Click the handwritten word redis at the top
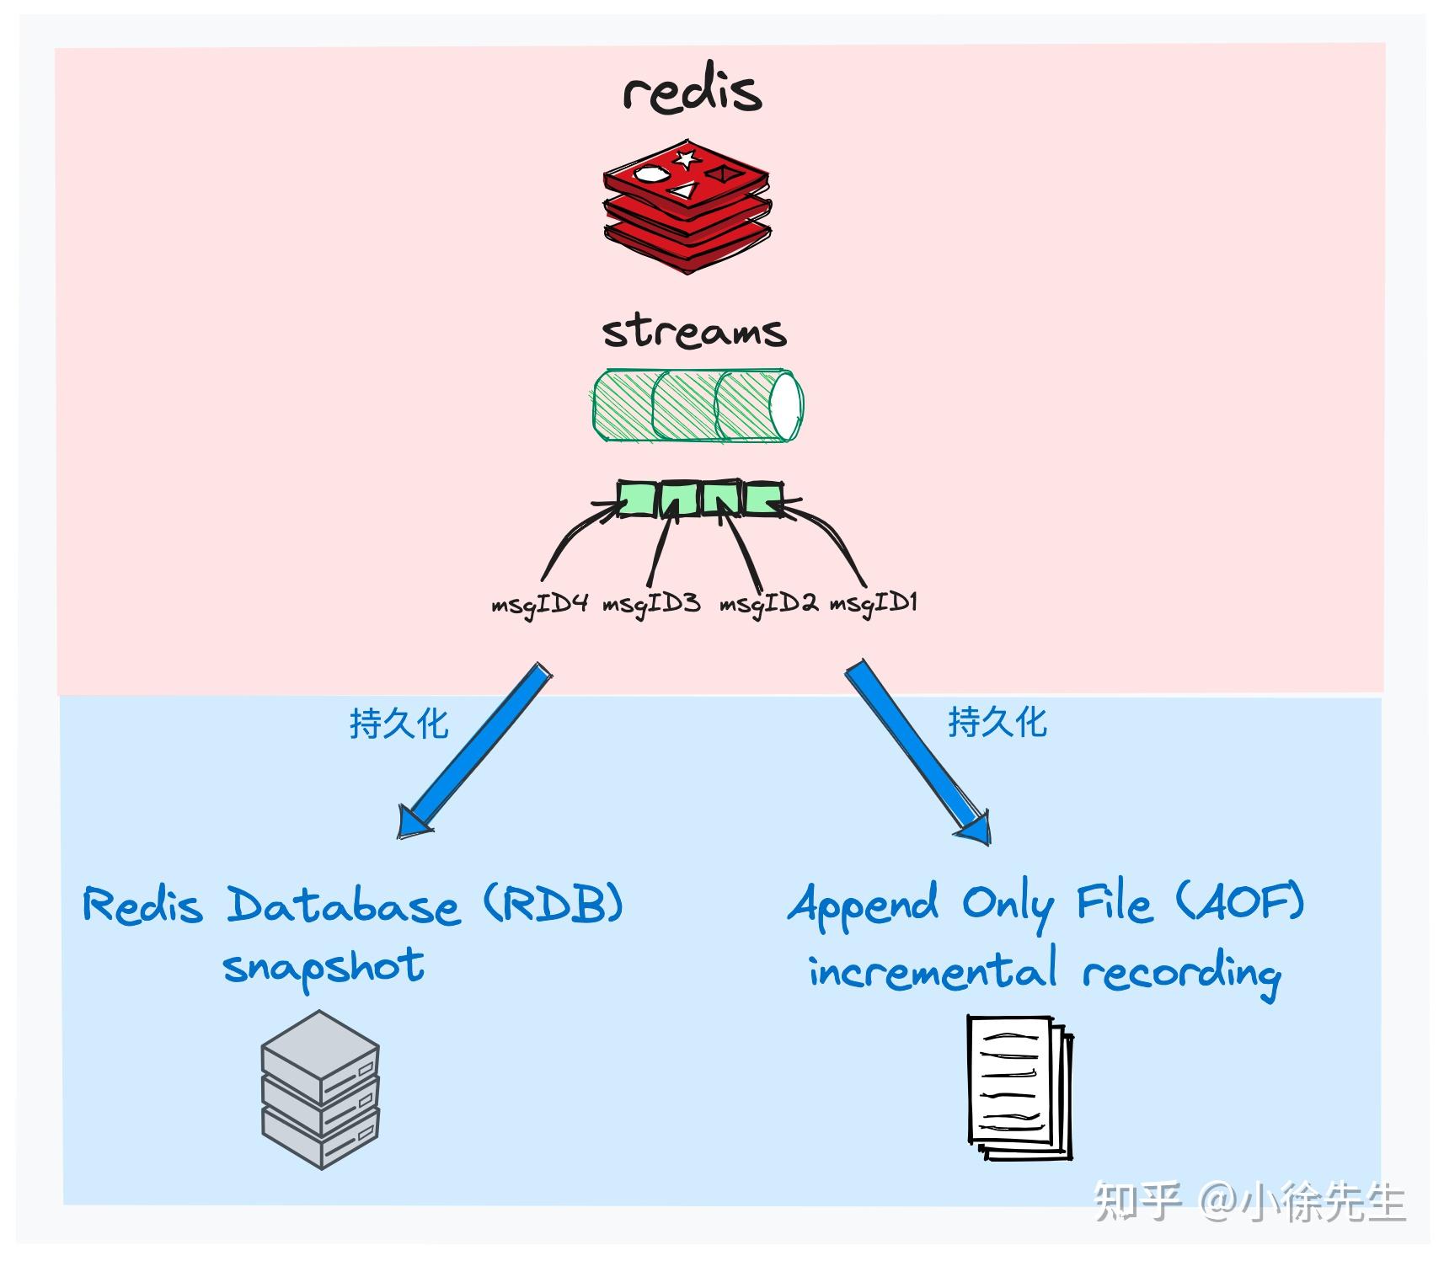click(x=693, y=90)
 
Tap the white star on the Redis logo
click(x=686, y=158)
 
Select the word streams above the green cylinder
click(x=694, y=331)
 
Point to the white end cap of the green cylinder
click(x=785, y=405)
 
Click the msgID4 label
click(x=539, y=604)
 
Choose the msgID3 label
click(x=651, y=604)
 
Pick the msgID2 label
click(x=767, y=604)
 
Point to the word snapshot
click(x=324, y=967)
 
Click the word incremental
click(x=932, y=970)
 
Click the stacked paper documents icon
click(x=1019, y=1087)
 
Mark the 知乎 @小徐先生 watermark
click(x=1249, y=1201)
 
